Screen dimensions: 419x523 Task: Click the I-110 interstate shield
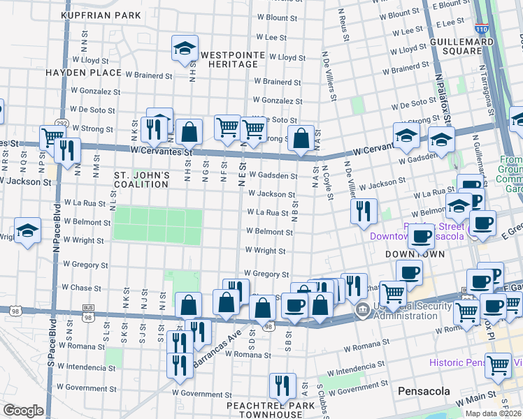[480, 29]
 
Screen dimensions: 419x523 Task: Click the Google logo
[22, 411]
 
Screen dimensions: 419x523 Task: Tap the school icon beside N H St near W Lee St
[185, 48]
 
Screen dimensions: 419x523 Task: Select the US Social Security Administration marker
[362, 309]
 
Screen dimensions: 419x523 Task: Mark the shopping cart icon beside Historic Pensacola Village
[499, 365]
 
